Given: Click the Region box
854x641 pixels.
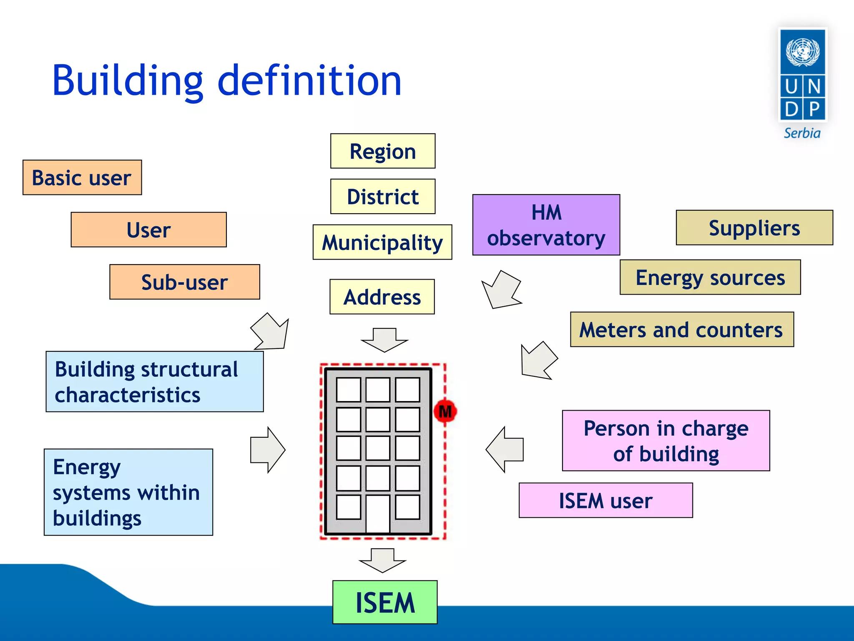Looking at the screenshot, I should [x=382, y=151].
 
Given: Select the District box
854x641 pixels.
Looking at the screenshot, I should [x=382, y=197].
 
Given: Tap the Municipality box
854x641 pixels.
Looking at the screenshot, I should [x=382, y=242].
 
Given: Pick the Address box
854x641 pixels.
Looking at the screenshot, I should [x=382, y=297].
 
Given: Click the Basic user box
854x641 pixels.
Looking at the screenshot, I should [x=82, y=177].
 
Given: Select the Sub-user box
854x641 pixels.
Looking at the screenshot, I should [x=184, y=282].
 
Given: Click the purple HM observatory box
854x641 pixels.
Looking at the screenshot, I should [x=546, y=225].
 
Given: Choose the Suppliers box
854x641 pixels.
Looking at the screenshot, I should [x=754, y=228].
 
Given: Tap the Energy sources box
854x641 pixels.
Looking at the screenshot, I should [x=710, y=278].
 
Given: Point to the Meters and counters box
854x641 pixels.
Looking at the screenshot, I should [x=681, y=330].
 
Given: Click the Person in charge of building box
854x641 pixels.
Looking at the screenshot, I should [x=666, y=441].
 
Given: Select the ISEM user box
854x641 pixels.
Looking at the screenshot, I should [x=605, y=500].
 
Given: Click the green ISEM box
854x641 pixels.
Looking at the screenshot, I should [x=384, y=602].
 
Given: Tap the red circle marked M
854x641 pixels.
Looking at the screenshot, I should [x=445, y=411].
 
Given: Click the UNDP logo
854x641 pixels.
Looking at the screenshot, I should [x=802, y=75].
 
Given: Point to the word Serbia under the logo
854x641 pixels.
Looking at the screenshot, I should [x=802, y=133].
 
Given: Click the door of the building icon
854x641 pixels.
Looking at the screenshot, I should [x=378, y=514].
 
